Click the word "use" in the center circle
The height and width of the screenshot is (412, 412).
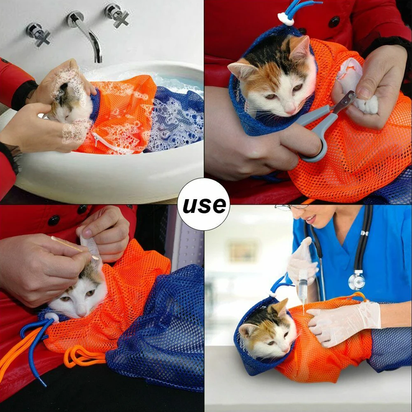tap(204, 205)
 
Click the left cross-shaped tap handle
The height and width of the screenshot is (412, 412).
tap(38, 34)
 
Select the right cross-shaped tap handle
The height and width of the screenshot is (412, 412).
tap(118, 15)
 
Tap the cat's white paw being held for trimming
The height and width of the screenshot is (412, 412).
tap(367, 105)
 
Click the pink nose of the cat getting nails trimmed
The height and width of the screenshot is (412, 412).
tap(291, 112)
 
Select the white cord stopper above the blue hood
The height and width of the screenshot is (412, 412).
tap(285, 19)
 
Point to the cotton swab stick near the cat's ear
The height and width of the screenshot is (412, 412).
tap(75, 248)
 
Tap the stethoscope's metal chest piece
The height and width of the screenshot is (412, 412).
tap(357, 280)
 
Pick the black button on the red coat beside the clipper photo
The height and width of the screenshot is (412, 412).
tap(334, 22)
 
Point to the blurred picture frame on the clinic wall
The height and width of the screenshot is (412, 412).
tap(244, 252)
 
